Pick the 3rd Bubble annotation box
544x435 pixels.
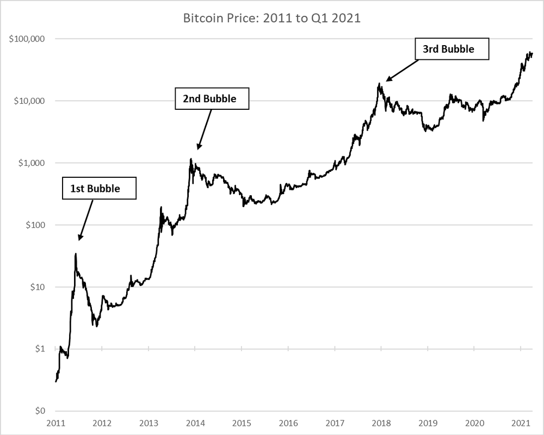click(x=452, y=49)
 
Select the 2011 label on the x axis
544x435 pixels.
click(x=56, y=422)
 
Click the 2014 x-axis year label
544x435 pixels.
click(x=195, y=422)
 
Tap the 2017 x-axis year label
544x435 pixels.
click(x=335, y=422)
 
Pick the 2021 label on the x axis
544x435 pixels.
click(x=521, y=422)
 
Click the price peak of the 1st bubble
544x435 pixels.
click(x=76, y=253)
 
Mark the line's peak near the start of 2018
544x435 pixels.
click(x=379, y=84)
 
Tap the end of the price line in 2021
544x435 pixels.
click(x=532, y=53)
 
